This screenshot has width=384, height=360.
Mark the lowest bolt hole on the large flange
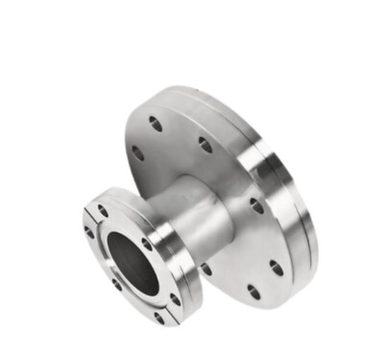click(253, 291)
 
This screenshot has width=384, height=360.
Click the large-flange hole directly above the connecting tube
click(205, 145)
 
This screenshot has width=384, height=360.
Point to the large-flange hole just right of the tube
click(257, 205)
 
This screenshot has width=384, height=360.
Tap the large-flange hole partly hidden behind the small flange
click(205, 270)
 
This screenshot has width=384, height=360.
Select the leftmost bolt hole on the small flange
click(89, 232)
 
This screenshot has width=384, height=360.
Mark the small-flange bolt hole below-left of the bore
click(113, 282)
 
